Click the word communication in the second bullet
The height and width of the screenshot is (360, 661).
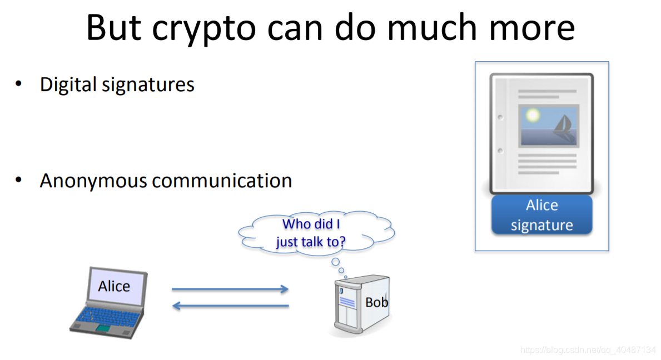(222, 181)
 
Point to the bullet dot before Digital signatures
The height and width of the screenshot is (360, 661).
(19, 84)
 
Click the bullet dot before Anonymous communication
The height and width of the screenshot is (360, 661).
(19, 180)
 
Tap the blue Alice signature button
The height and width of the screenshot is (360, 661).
(541, 215)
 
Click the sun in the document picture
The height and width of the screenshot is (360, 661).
(533, 115)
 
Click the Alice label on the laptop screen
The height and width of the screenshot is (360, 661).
(114, 286)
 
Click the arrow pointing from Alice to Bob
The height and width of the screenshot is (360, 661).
(230, 289)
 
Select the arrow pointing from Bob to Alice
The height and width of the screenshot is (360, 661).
(230, 306)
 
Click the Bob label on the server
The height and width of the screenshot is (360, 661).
(376, 303)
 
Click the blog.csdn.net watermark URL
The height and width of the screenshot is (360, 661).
(588, 351)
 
